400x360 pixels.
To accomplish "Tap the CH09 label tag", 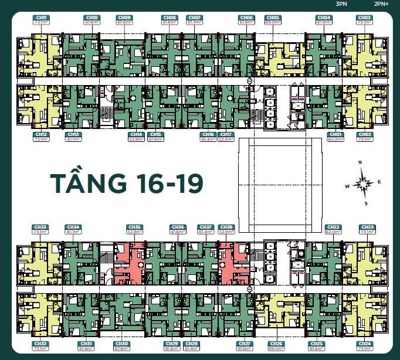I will [x=124, y=18].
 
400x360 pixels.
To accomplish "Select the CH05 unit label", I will [x=272, y=18].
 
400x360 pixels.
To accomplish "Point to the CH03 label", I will [x=364, y=18].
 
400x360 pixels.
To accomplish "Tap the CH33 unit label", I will [x=40, y=227].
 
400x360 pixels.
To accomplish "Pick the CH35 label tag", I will [x=134, y=227].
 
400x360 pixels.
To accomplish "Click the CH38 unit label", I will [x=225, y=227].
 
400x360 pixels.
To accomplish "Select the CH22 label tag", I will [x=333, y=227].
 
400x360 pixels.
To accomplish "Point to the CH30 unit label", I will [x=122, y=344].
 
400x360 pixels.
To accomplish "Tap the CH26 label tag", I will [x=276, y=344].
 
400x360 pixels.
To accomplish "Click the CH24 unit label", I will [x=364, y=344].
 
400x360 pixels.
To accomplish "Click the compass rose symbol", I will [x=364, y=184].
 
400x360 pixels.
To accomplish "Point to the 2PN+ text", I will [x=381, y=4].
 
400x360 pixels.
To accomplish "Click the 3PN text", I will [x=341, y=4].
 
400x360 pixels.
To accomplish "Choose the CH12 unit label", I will [x=40, y=134].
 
